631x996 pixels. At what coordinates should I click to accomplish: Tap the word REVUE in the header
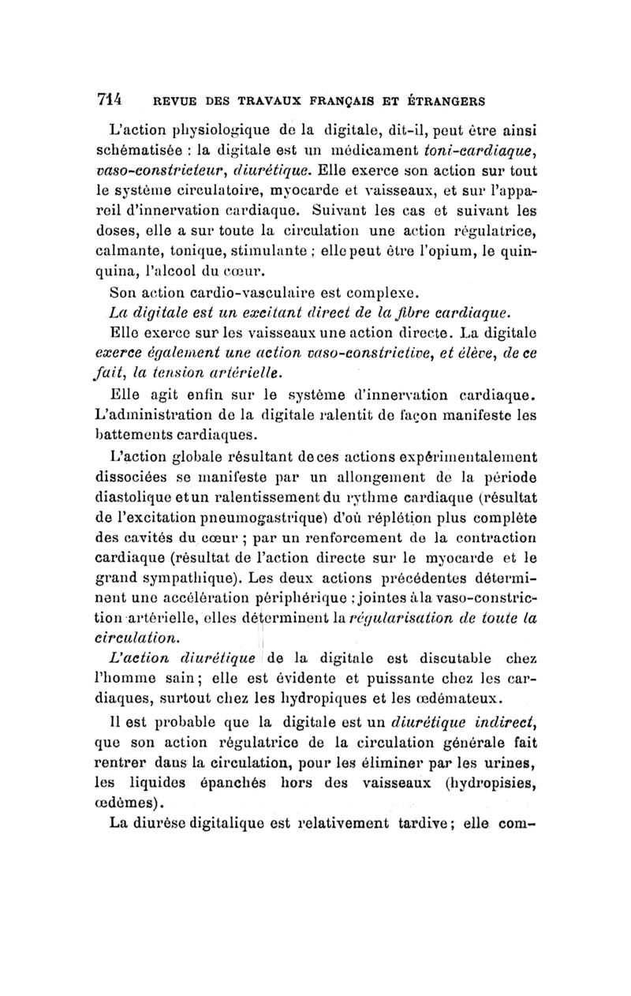(174, 102)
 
